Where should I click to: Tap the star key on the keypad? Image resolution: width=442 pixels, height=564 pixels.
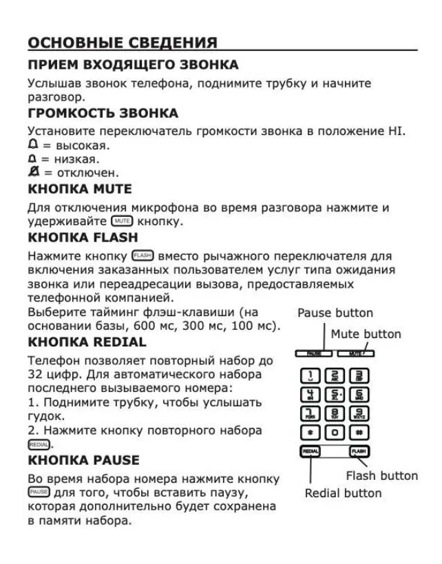(x=311, y=431)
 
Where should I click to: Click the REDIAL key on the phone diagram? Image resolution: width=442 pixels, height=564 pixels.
(x=311, y=452)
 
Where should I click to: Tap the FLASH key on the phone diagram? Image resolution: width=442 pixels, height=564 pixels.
(x=359, y=452)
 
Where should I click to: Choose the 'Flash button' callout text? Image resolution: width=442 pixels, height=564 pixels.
(x=381, y=476)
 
